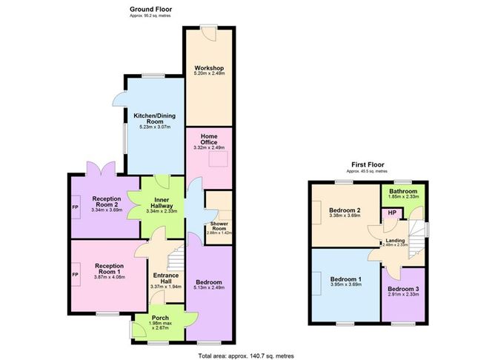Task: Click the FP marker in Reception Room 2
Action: click(x=75, y=207)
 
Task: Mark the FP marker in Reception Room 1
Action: click(x=75, y=275)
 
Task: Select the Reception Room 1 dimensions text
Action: click(x=109, y=278)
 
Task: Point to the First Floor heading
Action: click(x=369, y=164)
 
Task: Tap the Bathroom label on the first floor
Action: click(x=403, y=190)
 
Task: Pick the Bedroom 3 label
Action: click(x=404, y=288)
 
